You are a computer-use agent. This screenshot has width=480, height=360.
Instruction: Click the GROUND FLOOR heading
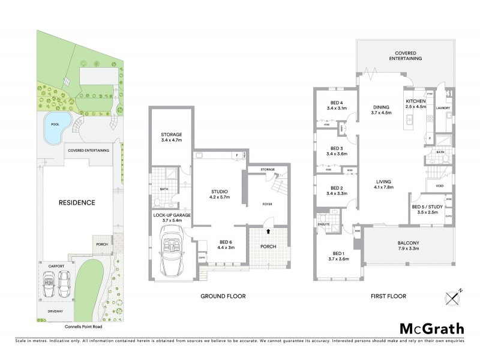click(x=223, y=296)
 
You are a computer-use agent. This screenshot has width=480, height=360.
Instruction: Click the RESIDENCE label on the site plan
click(x=76, y=203)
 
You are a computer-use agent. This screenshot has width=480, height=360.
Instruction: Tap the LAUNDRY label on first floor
click(x=443, y=109)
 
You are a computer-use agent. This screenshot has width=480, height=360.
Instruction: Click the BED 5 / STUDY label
click(x=427, y=209)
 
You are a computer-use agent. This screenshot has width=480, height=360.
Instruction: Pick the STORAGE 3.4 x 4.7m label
click(x=171, y=137)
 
